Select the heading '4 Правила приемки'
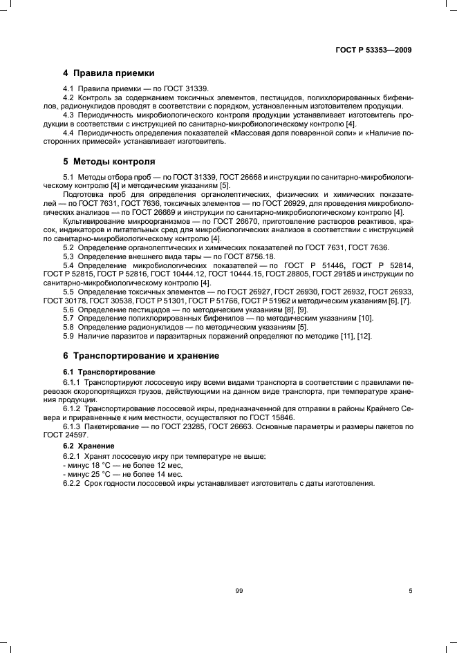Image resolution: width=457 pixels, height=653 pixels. (x=109, y=73)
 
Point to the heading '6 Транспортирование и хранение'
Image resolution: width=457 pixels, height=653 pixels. (x=141, y=355)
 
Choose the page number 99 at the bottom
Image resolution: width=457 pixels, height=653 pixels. (x=240, y=592)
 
